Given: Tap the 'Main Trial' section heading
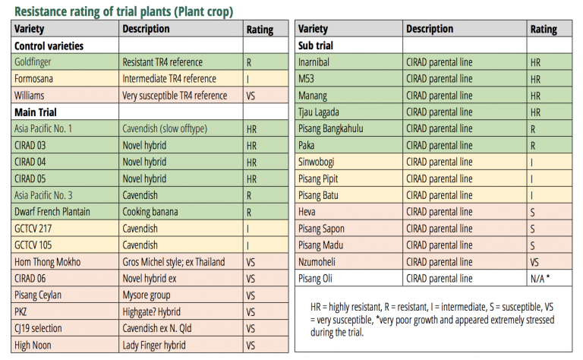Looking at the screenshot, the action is click(36, 112).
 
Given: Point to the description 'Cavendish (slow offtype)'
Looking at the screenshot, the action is click(165, 128).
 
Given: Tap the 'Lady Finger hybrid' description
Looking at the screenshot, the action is click(154, 346).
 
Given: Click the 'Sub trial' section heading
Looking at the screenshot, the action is click(316, 46).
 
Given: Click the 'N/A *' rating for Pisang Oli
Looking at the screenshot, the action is click(540, 279).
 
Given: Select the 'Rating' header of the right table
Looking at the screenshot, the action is click(544, 30).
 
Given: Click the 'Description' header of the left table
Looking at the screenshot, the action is click(146, 29).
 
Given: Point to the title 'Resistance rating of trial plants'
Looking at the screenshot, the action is click(93, 11).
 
